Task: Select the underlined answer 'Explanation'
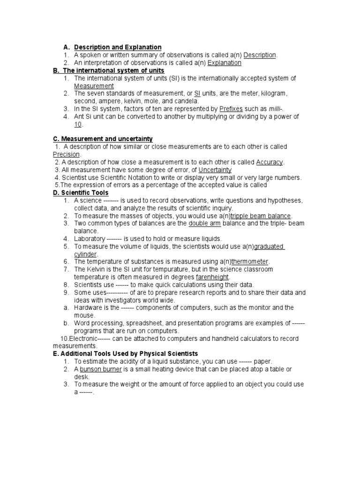(x=225, y=63)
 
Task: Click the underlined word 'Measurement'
(x=94, y=86)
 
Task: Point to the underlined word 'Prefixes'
(x=231, y=109)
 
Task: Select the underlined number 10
(x=78, y=124)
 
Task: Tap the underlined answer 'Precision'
(x=67, y=155)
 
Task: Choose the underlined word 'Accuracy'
(x=270, y=162)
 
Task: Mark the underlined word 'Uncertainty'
(x=215, y=170)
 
